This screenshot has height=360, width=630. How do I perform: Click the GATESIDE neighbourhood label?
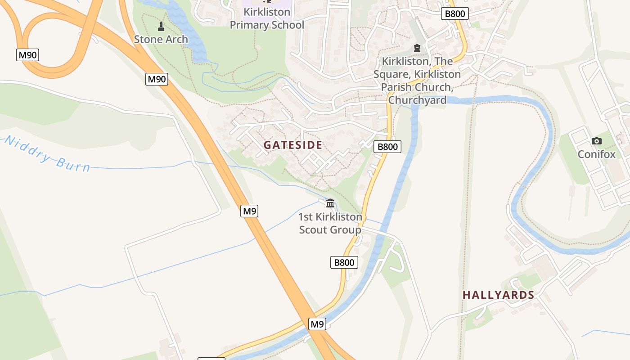click(x=293, y=145)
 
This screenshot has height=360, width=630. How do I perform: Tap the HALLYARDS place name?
click(x=498, y=295)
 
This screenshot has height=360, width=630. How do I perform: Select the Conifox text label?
click(x=596, y=154)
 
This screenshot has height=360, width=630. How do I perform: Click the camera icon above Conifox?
click(x=597, y=141)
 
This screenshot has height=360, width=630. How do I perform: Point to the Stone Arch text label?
click(x=161, y=39)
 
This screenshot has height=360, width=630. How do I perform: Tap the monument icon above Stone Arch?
click(x=161, y=26)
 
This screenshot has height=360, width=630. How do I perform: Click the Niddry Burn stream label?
click(x=47, y=154)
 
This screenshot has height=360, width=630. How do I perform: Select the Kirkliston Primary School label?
click(x=267, y=18)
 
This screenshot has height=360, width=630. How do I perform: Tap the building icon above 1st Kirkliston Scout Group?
click(x=330, y=203)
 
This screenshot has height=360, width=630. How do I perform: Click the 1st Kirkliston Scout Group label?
click(x=330, y=223)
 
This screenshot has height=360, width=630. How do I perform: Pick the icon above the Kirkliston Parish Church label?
click(x=417, y=48)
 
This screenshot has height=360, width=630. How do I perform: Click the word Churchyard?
click(x=417, y=100)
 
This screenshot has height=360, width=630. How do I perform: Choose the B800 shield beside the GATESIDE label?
click(x=387, y=147)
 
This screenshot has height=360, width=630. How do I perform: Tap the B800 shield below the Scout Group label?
click(x=344, y=262)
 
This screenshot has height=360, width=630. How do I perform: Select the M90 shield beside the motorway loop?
click(x=28, y=55)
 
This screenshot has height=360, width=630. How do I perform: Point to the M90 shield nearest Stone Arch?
click(x=157, y=80)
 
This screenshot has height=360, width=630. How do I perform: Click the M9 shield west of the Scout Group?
click(x=249, y=211)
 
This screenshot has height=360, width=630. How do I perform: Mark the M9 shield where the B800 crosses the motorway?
click(x=317, y=324)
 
